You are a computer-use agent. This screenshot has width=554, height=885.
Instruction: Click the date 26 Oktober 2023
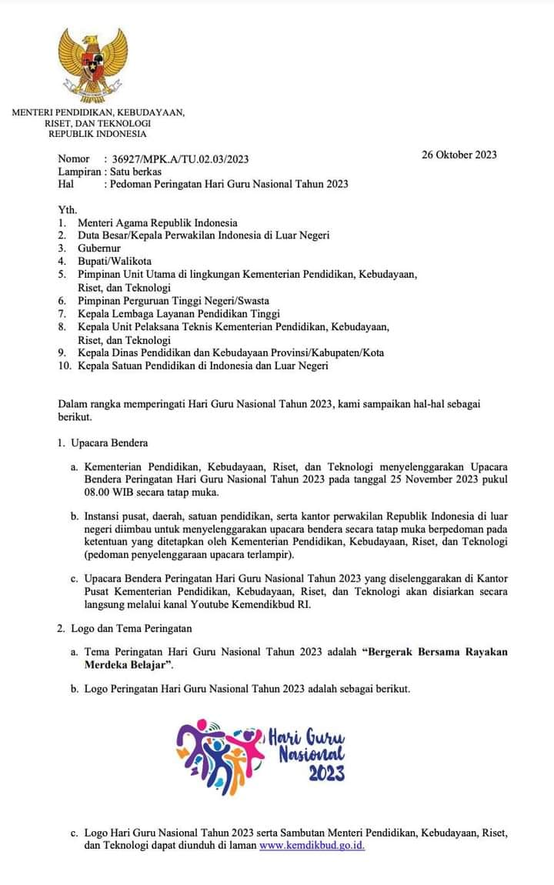[459, 155]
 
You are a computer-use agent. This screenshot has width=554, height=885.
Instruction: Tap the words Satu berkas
[136, 172]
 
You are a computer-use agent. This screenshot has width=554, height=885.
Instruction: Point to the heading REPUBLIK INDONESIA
[97, 133]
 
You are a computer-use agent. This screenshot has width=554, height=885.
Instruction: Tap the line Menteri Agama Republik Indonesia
[158, 223]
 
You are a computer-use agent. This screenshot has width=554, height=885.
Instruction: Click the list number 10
[64, 366]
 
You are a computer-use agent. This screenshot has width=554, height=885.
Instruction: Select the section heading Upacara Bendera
[109, 443]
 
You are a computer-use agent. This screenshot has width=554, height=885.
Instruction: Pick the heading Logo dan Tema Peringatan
[132, 629]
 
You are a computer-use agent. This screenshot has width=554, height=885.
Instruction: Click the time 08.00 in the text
[98, 493]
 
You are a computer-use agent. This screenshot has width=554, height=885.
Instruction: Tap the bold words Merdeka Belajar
[126, 664]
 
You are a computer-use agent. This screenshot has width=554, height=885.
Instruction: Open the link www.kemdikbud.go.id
[312, 845]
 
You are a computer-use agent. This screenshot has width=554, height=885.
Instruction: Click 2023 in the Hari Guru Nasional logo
[327, 773]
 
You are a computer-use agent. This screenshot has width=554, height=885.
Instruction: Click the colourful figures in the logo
[219, 754]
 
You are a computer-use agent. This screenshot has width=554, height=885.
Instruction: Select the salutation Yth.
[68, 210]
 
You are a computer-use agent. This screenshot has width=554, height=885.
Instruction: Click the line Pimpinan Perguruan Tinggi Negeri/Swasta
[173, 301]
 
